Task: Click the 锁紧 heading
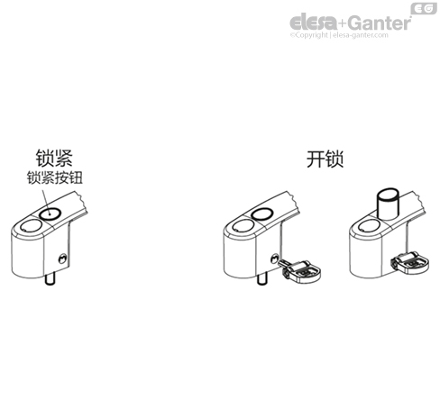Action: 54,158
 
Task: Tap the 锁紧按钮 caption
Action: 54,177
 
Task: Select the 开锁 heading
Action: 325,159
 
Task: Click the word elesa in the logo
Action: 314,22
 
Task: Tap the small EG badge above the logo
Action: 424,8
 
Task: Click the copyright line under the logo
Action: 339,35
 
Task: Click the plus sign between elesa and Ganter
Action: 343,23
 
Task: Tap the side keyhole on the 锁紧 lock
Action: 62,258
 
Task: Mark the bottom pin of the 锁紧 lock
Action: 50,278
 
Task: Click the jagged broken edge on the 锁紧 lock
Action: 82,202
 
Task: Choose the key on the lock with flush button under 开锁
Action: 300,270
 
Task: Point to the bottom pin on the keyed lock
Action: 262,279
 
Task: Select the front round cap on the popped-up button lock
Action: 371,226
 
